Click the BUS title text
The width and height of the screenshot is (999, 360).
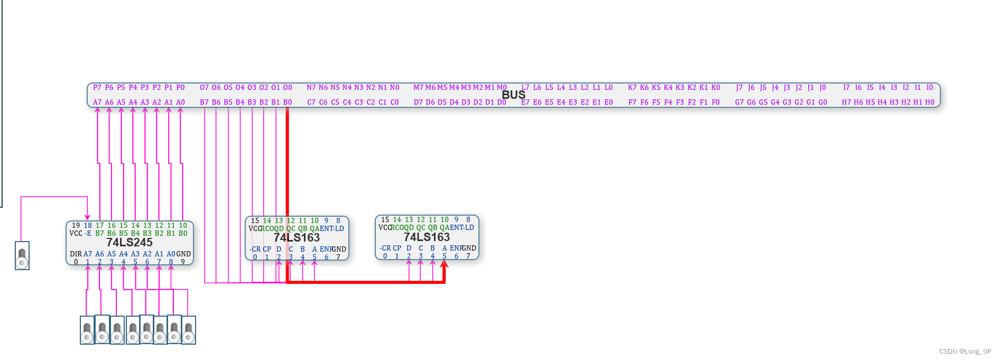513,95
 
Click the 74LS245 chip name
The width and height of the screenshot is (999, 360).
129,243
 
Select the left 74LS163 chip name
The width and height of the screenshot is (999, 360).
297,238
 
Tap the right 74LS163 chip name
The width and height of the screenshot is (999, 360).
427,237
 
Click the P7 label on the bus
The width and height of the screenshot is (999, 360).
97,88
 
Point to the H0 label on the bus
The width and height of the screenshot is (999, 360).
930,103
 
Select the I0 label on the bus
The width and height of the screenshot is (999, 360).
929,88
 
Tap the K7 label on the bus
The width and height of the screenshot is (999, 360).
632,88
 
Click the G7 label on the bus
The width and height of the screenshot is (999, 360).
739,103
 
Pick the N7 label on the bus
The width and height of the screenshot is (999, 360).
311,88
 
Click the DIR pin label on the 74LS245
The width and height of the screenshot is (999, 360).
76,254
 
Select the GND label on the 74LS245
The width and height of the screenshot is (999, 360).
183,254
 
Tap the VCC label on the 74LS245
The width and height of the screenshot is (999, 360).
76,234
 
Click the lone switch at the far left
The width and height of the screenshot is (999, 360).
22,256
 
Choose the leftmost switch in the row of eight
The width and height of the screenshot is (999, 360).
87,330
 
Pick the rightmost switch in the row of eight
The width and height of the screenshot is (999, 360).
189,330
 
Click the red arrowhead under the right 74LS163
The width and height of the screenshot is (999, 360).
445,264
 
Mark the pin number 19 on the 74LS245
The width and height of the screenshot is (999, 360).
76,226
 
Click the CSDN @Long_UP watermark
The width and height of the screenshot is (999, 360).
965,352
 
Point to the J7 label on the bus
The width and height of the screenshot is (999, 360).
739,88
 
